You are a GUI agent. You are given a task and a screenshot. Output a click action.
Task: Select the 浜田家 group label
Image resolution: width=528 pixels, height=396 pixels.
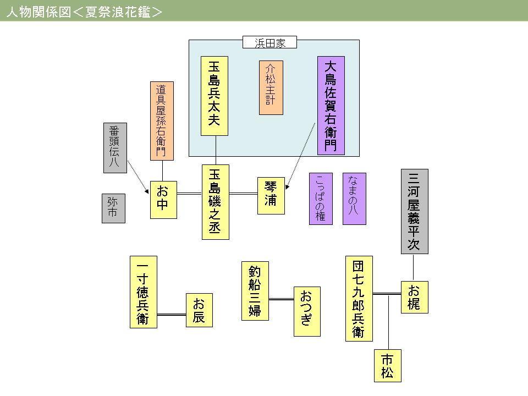coord(269,43)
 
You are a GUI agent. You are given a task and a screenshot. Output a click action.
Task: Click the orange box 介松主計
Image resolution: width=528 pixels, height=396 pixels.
coord(271,87)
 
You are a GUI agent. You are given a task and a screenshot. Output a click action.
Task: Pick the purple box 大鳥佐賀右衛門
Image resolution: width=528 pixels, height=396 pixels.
coord(331,106)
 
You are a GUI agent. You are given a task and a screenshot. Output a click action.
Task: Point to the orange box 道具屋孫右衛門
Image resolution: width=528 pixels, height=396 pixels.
coord(162,120)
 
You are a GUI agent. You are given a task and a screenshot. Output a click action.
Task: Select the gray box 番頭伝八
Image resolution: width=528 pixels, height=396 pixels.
coord(114,147)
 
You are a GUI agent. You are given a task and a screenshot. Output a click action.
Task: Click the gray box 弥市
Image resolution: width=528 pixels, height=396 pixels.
coord(113,208)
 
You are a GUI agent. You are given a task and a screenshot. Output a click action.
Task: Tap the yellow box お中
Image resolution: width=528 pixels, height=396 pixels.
coord(163,199)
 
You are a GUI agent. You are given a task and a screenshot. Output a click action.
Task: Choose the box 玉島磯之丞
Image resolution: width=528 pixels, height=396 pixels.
coord(215,202)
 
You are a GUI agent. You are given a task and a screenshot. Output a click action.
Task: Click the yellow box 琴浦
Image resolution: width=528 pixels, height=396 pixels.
coord(271,195)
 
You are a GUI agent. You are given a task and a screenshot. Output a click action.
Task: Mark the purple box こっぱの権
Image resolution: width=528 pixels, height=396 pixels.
coord(321,199)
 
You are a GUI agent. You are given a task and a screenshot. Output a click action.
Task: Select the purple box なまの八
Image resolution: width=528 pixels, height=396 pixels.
coord(354,199)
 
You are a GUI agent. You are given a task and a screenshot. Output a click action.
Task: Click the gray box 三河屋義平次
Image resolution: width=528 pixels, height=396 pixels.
coord(415,211)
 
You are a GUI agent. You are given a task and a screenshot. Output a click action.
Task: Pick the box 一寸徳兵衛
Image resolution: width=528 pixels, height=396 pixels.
coord(144,291)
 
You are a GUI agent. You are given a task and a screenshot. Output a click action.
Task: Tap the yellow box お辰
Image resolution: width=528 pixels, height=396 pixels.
coord(199,310)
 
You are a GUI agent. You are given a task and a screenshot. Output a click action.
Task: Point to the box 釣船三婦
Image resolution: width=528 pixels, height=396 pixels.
coord(255,290)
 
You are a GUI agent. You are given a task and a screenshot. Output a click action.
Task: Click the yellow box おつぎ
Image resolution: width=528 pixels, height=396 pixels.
coord(306,311)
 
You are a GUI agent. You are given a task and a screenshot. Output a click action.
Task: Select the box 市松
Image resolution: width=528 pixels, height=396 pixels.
coord(388,366)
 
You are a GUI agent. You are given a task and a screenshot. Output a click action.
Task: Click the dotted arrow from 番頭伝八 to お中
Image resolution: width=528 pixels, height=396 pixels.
coord(137,176)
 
